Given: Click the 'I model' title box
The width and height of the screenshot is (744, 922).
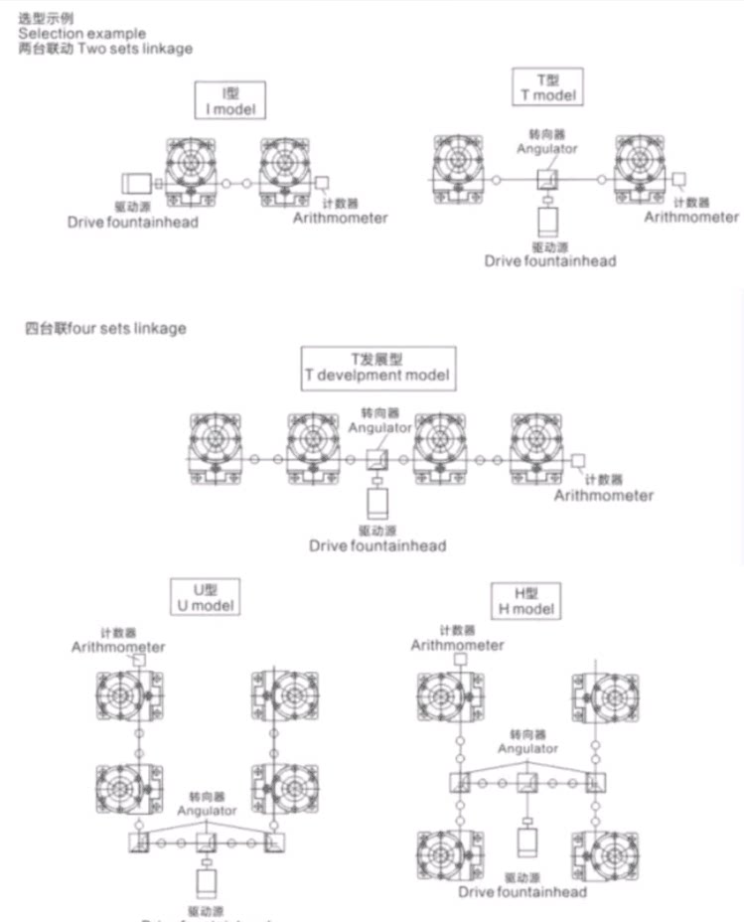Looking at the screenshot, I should pos(230,101).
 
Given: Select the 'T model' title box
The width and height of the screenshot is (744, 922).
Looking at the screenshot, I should pos(547,86).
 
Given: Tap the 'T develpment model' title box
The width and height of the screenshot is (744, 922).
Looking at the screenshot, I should pos(377,368).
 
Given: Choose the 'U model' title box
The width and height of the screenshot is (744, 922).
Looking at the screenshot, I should pos(205,596).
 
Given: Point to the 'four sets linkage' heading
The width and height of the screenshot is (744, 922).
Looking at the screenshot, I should pos(105,328).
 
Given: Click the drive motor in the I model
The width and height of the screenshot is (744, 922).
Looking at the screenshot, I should pos(135,184).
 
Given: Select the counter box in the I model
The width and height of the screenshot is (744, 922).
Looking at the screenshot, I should pos(322,184).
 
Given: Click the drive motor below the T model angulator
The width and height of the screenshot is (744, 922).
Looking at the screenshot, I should pos(546,220).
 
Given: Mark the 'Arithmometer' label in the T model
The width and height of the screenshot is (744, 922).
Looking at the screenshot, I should pos(691,217).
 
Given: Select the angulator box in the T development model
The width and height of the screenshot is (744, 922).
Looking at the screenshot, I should pos(378,460).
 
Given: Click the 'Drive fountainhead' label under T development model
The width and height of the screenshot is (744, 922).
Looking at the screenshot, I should pos(377,545).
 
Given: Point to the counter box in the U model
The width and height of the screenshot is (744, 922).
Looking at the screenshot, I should pos(139,660).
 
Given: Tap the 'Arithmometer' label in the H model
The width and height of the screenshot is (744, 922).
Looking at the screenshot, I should pos(458,645).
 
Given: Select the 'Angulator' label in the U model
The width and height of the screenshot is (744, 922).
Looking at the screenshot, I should pos(207,811).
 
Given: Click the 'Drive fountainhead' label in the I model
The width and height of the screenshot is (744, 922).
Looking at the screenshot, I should pos(133,222).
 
